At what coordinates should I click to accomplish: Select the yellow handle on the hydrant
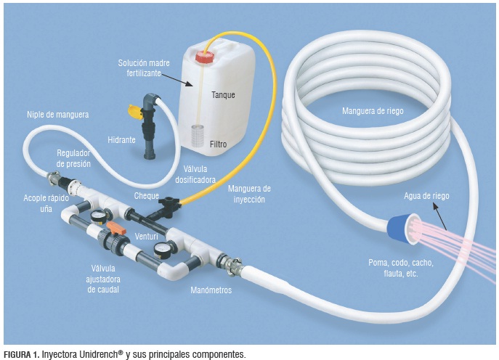point(134,110)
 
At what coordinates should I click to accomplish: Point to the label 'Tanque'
point(223,95)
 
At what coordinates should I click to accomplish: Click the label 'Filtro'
point(219,144)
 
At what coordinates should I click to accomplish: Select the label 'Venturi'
point(147,237)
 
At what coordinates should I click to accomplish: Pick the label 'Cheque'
point(147,196)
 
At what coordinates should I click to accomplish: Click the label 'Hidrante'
point(121,139)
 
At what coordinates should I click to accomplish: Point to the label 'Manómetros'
point(211,290)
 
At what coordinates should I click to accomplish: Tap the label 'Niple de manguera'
point(57,114)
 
